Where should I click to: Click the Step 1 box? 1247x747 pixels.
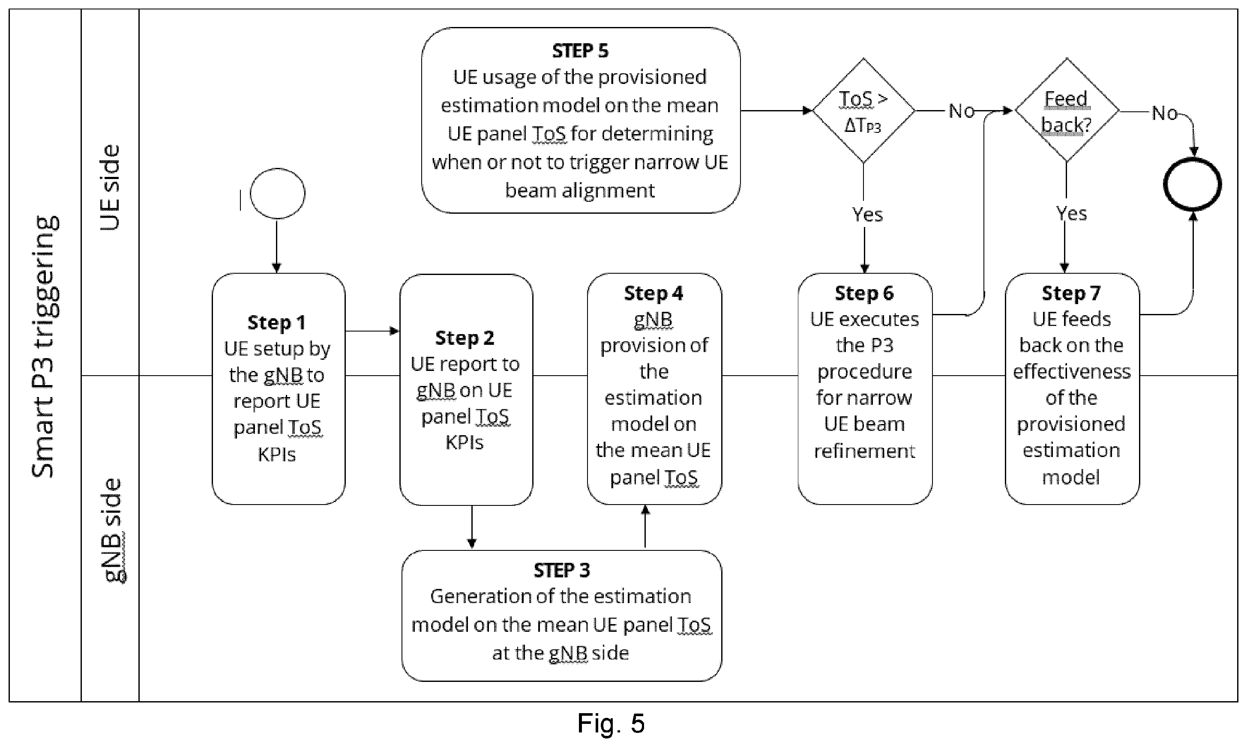[279, 388]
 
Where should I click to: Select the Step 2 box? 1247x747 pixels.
[466, 390]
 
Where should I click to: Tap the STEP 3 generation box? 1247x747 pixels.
[561, 616]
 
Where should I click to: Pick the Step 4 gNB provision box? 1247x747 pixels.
[654, 388]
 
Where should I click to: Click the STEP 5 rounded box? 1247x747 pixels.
[581, 120]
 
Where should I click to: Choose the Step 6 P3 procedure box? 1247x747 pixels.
[865, 388]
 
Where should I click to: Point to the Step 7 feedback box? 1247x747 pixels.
[1072, 388]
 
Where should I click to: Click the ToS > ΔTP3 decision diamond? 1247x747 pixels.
[864, 110]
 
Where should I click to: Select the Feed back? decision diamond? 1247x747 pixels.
[1067, 110]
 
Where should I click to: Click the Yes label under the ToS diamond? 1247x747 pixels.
[867, 215]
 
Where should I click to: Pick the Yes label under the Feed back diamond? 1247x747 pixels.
[1071, 214]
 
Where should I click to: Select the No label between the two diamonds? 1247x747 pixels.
[962, 111]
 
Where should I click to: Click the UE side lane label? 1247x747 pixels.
[110, 188]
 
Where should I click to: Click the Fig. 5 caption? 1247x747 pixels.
[611, 723]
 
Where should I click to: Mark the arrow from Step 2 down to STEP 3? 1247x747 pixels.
[472, 527]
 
